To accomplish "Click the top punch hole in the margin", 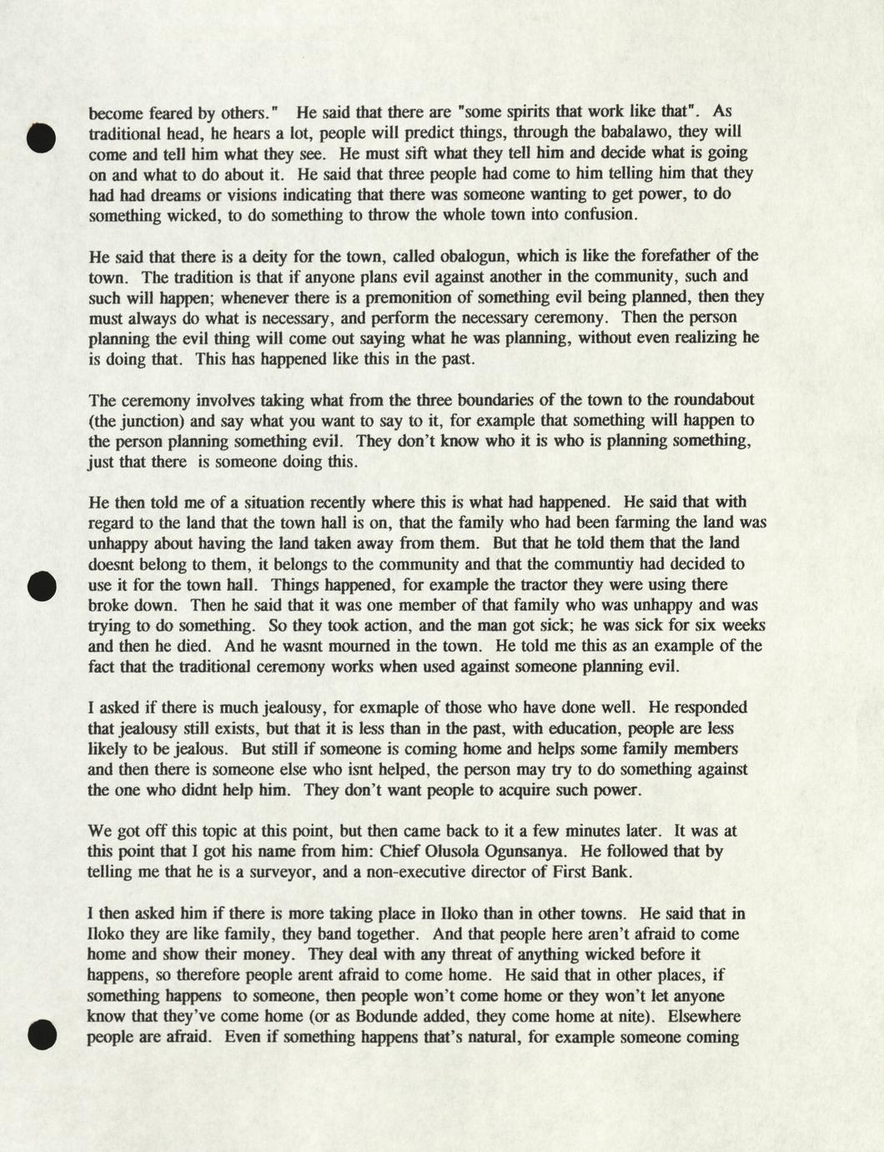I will (x=40, y=138).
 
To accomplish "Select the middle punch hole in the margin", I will (x=40, y=586).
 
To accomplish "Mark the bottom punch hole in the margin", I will (x=40, y=1034).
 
